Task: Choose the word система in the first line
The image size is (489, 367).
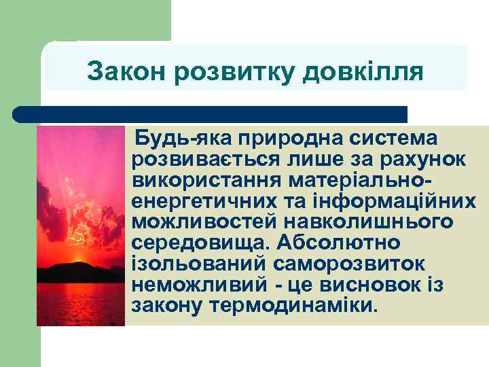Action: (x=394, y=139)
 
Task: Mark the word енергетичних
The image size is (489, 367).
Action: (x=196, y=201)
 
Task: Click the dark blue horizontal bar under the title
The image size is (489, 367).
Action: (x=211, y=113)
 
